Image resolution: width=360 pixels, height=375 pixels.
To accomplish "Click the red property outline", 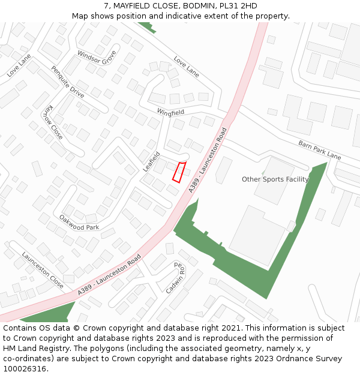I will click(179, 172).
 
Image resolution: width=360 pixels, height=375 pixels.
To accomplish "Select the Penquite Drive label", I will click(67, 82).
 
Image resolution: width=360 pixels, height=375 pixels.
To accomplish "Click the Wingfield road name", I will click(170, 112).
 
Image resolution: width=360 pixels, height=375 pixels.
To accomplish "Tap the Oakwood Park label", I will click(79, 223).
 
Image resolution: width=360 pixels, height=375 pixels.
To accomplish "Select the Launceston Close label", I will click(43, 269).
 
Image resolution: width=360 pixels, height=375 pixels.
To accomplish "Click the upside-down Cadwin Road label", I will click(176, 277).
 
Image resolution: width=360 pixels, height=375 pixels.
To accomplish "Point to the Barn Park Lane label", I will click(319, 150).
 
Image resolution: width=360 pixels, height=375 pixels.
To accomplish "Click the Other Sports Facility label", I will click(275, 179).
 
